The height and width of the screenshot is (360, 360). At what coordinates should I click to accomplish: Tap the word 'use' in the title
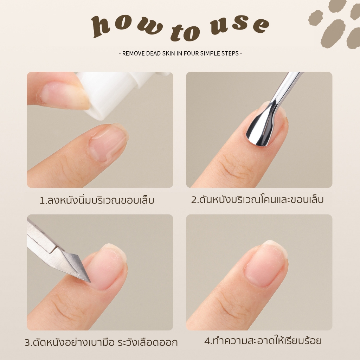(x=239, y=25)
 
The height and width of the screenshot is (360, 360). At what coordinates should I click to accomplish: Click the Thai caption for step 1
(x=97, y=200)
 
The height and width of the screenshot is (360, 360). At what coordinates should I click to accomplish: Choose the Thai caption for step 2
(x=257, y=199)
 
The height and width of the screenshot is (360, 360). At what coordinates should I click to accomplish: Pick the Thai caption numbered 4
(x=263, y=341)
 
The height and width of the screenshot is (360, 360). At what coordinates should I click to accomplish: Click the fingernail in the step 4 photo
(x=266, y=264)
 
